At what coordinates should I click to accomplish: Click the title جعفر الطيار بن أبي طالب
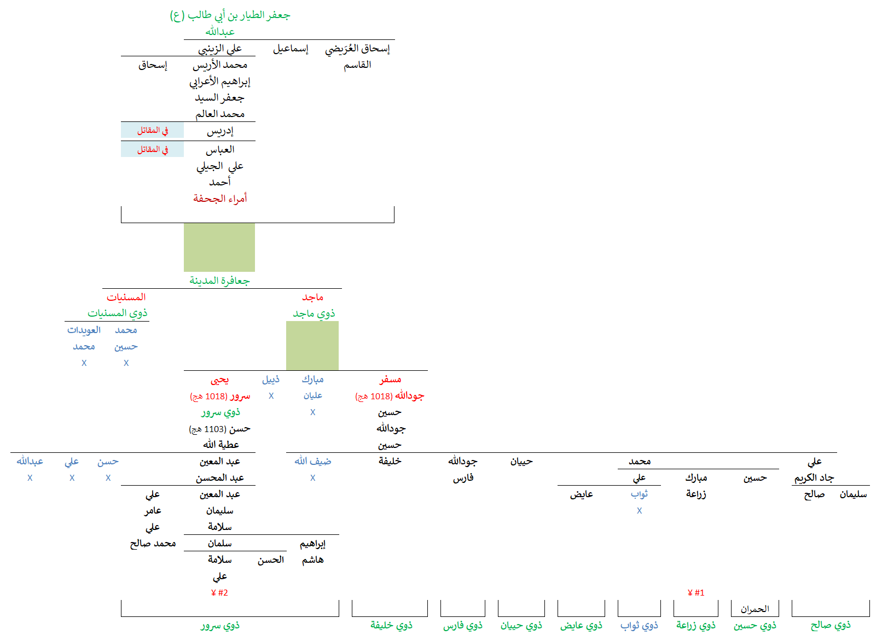tap(230, 15)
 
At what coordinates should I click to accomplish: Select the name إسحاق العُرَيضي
tap(357, 49)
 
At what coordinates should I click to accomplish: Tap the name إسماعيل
tap(291, 49)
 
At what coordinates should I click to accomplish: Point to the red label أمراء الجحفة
tap(220, 199)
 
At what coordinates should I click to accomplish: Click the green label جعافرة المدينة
tap(219, 281)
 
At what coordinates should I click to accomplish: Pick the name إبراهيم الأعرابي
tap(220, 81)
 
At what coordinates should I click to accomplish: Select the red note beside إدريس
tap(153, 131)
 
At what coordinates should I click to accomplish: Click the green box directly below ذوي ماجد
tap(312, 346)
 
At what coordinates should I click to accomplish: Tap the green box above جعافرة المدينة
tap(219, 247)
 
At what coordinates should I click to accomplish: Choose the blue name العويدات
tap(84, 330)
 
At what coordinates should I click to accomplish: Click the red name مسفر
tap(390, 380)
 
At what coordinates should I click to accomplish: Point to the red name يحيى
tap(220, 380)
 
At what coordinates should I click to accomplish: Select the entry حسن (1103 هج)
tap(220, 429)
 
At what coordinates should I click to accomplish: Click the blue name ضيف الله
tap(313, 462)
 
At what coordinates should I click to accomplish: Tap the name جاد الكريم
tap(814, 478)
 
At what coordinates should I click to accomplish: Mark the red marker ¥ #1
tap(696, 593)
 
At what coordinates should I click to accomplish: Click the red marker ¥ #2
tap(219, 593)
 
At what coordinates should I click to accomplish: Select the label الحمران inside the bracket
tap(755, 609)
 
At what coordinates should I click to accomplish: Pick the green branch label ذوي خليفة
tap(391, 626)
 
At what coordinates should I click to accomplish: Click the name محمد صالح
tap(153, 544)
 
